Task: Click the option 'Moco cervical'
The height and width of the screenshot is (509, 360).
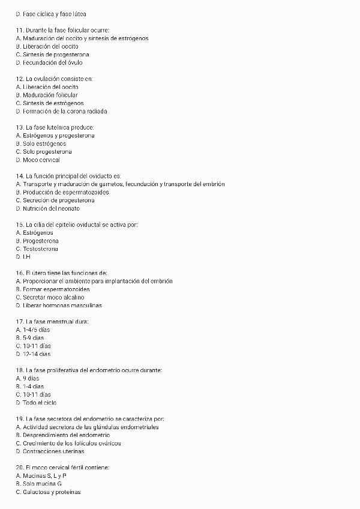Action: tap(41, 160)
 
